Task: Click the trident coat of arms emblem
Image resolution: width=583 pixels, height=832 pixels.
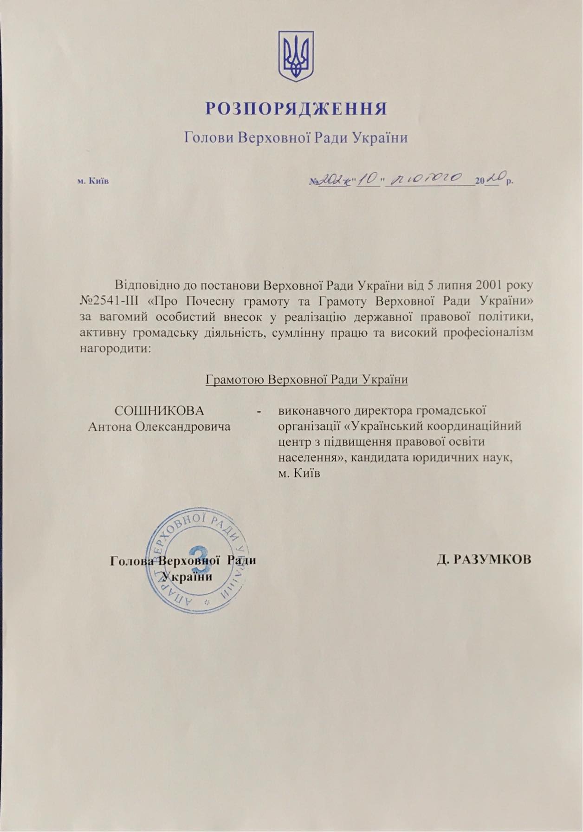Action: pyautogui.click(x=296, y=56)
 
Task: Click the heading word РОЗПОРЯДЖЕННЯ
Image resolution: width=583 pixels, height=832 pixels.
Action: pyautogui.click(x=296, y=109)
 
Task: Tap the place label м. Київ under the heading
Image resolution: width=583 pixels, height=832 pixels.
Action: pyautogui.click(x=93, y=181)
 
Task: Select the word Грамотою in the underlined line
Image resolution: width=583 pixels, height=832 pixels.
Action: pyautogui.click(x=235, y=379)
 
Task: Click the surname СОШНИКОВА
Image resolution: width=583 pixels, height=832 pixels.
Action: pyautogui.click(x=159, y=411)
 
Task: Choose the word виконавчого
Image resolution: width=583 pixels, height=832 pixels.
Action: pyautogui.click(x=317, y=411)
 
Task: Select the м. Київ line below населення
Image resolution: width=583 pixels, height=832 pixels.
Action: pyautogui.click(x=299, y=474)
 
